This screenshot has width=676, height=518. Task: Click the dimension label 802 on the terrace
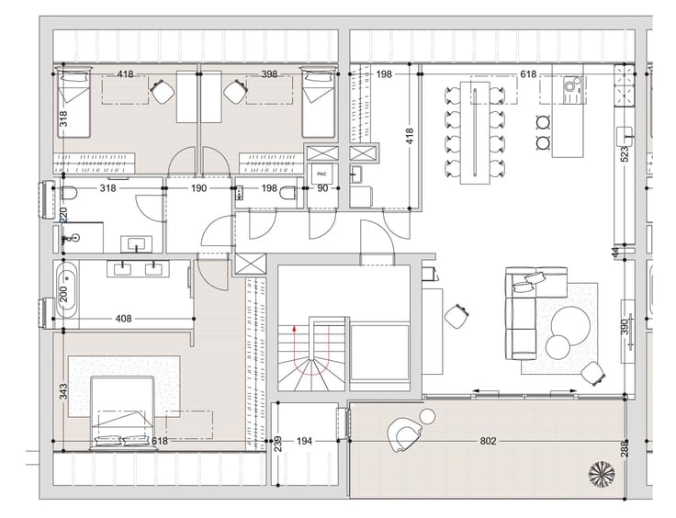tap(488, 441)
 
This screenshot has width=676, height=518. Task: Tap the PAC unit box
tap(321, 175)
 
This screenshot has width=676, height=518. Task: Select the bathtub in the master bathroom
tap(67, 290)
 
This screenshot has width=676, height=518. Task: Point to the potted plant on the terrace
tap(602, 473)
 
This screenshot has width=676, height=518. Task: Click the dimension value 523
tap(625, 154)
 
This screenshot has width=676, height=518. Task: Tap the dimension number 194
tap(304, 441)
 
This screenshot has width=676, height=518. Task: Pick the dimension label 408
tap(124, 319)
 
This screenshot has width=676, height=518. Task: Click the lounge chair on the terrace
tap(404, 434)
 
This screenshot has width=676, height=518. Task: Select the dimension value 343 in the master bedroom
tap(63, 392)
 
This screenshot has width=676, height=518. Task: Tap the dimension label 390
tap(625, 329)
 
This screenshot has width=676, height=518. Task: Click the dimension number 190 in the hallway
tap(198, 188)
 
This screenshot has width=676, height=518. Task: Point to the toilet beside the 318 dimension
tap(69, 193)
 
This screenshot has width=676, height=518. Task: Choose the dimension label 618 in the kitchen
tap(528, 74)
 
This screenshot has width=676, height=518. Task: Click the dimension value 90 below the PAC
tap(322, 188)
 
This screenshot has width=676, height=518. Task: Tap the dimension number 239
tap(278, 445)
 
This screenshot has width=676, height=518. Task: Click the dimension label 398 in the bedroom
tap(269, 74)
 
